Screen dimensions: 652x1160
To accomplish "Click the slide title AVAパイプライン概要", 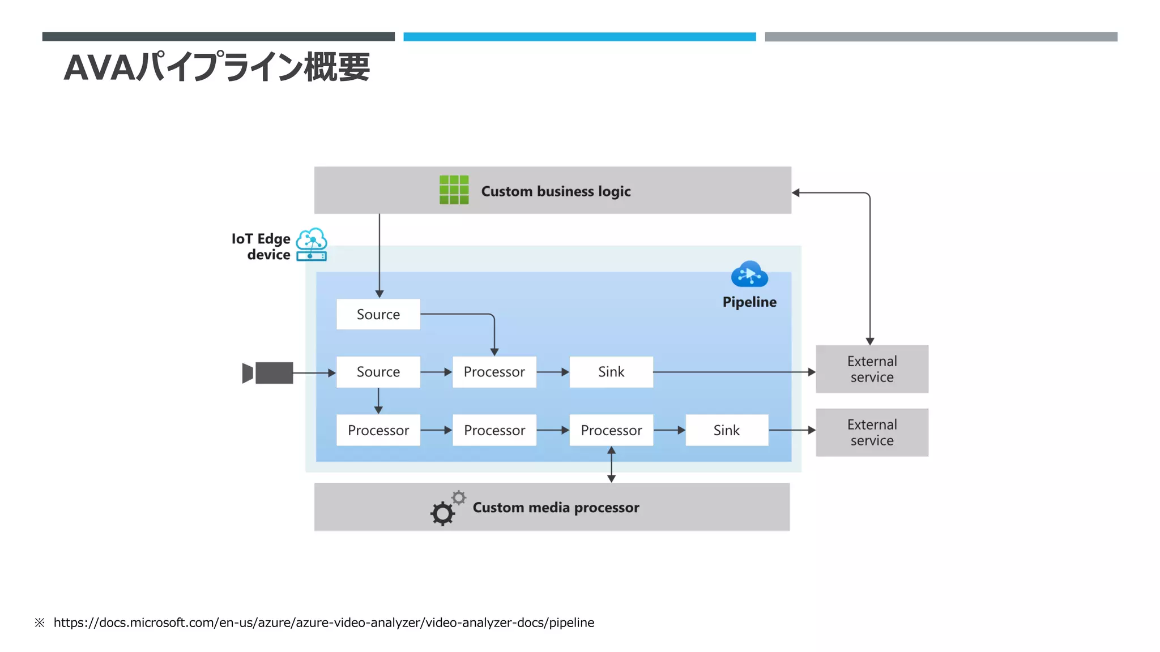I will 216,67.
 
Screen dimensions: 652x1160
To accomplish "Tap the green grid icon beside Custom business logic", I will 454,190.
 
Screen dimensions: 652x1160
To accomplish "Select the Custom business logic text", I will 556,191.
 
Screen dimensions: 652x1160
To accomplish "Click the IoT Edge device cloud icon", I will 312,244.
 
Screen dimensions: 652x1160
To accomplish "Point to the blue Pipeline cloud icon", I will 749,274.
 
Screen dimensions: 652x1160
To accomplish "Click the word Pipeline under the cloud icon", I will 749,302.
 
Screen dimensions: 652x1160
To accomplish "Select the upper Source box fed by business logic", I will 378,314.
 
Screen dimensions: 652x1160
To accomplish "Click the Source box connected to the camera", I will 378,372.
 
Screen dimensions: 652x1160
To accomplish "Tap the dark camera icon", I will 268,373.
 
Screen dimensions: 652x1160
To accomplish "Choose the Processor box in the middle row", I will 494,372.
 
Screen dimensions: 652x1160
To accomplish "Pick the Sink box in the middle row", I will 611,372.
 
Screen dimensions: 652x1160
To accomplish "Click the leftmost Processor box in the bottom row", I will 378,430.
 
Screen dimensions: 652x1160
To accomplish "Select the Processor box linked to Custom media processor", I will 611,430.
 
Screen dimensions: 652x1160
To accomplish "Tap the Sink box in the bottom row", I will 726,430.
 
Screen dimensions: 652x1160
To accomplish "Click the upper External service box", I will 871,369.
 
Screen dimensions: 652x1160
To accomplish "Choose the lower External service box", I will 871,432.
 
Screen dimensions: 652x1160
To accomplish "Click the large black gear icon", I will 442,513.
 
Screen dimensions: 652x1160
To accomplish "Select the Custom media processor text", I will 556,508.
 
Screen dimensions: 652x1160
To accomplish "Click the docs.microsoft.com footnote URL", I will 323,623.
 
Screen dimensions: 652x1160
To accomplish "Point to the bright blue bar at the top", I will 579,37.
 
